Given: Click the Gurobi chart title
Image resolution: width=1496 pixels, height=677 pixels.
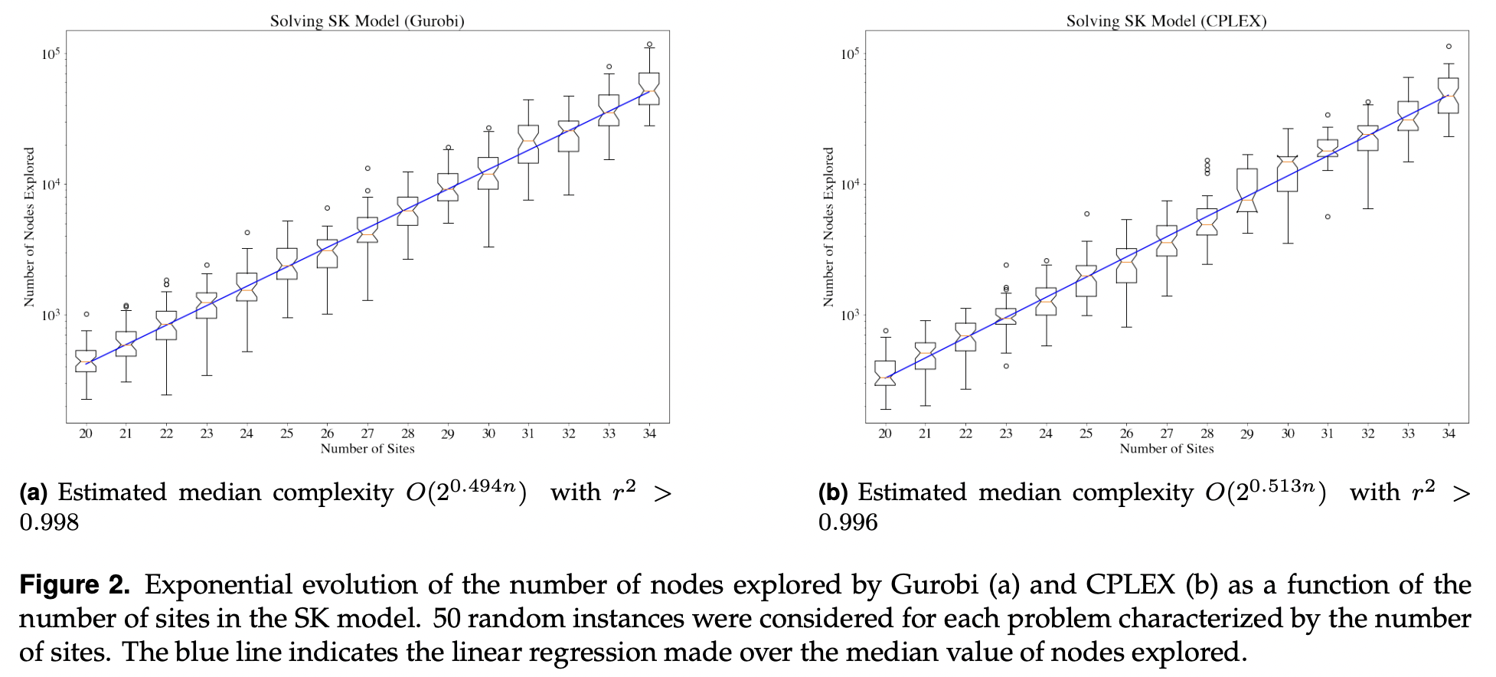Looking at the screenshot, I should [x=367, y=21].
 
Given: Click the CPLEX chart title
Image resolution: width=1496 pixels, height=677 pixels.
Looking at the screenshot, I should [x=1166, y=21].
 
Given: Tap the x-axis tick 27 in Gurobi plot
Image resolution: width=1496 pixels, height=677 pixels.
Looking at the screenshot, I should [x=367, y=433].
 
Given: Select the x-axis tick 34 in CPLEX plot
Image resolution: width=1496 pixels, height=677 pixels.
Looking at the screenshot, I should [x=1449, y=433].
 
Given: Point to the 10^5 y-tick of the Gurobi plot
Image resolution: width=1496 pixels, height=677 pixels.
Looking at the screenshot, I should [x=51, y=54].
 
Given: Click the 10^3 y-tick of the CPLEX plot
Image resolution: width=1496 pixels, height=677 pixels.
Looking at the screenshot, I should [x=850, y=315].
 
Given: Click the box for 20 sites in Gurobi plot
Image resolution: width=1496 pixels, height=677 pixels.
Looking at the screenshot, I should [x=86, y=361].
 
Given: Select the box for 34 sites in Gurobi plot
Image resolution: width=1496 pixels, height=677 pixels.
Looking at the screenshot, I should [x=649, y=88].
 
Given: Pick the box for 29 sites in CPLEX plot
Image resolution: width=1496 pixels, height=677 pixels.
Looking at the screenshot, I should [x=1247, y=190].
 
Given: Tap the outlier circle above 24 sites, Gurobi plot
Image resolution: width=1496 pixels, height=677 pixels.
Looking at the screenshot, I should [x=247, y=233].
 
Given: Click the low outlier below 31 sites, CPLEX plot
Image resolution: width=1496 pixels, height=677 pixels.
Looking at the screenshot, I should [x=1328, y=217].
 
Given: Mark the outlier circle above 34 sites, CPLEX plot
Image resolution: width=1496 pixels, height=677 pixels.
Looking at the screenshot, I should [x=1449, y=47].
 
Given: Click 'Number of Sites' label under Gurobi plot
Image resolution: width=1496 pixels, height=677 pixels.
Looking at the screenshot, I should [x=367, y=449].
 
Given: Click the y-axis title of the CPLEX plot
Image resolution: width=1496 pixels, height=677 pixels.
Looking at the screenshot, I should [x=828, y=227].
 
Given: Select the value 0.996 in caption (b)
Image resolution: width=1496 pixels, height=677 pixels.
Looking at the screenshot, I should [x=848, y=522].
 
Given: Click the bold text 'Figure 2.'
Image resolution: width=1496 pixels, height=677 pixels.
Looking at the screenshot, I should [x=74, y=585].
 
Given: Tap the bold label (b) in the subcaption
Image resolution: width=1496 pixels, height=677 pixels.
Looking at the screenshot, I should [x=833, y=492].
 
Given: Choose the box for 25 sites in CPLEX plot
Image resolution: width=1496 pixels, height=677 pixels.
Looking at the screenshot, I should [x=1086, y=280].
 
